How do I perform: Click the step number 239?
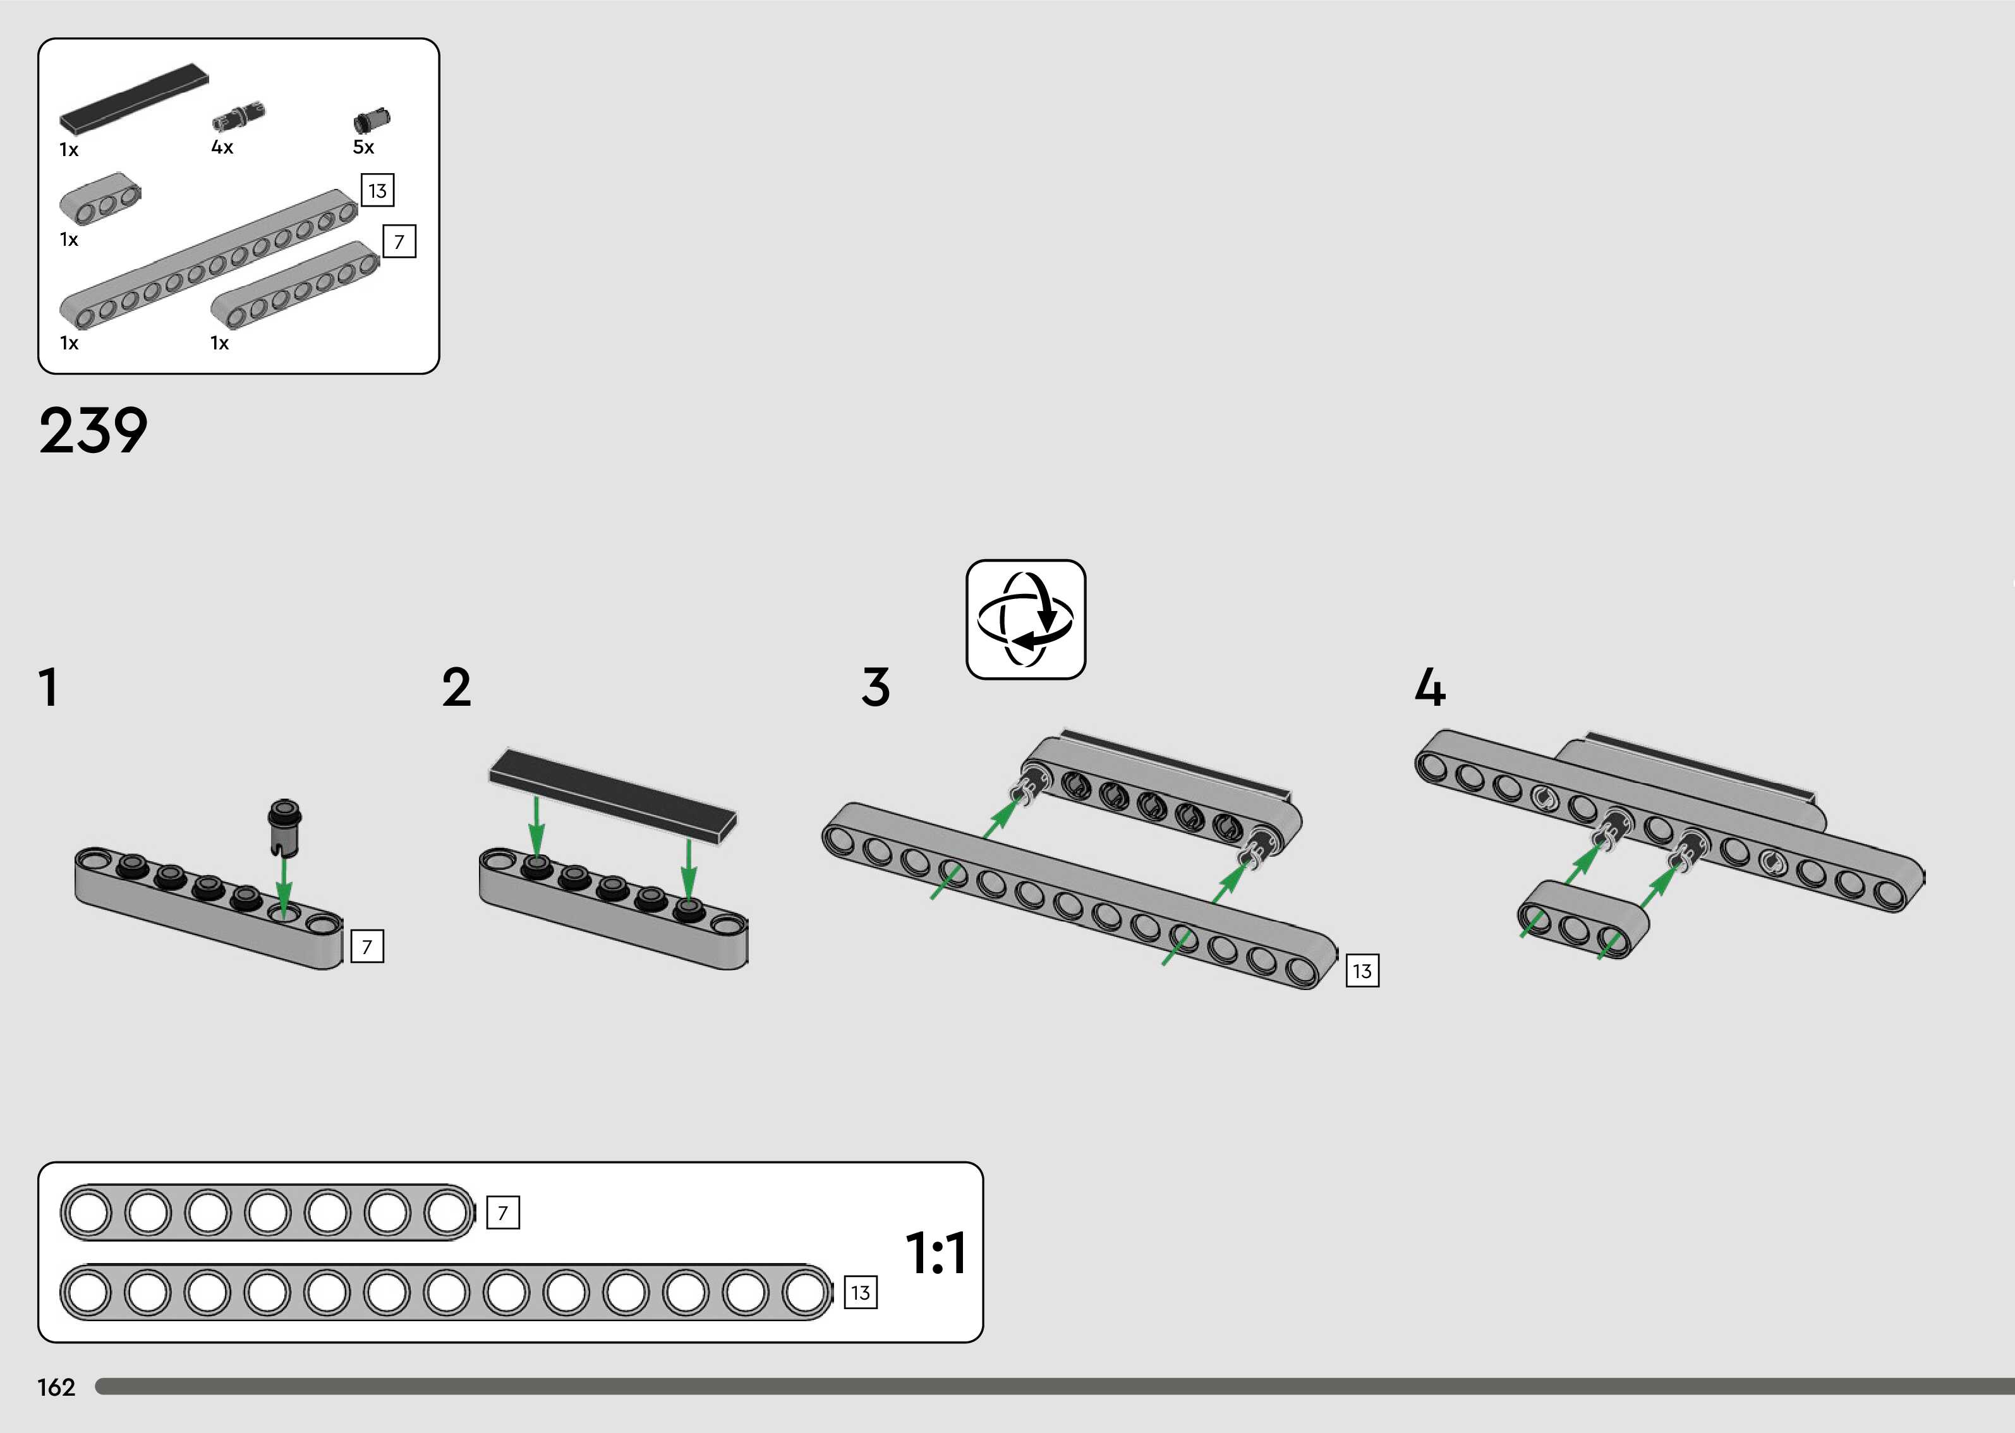click(93, 432)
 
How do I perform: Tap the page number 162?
click(56, 1387)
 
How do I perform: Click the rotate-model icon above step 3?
click(1025, 619)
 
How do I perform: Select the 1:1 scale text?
click(936, 1253)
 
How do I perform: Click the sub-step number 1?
click(49, 687)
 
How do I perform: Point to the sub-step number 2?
click(456, 687)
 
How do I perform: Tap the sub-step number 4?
click(1430, 687)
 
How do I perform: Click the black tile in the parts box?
click(134, 97)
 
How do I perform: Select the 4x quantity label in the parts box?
click(222, 147)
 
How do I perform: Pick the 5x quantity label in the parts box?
click(363, 147)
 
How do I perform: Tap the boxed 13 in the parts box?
click(378, 191)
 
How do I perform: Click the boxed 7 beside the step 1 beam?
click(367, 946)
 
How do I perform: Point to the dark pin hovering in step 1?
click(284, 828)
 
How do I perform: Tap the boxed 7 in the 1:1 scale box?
click(503, 1212)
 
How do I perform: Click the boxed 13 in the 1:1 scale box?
click(860, 1293)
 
